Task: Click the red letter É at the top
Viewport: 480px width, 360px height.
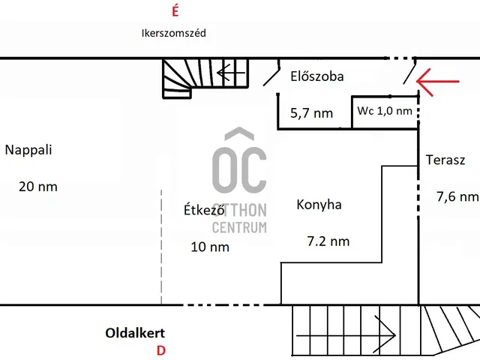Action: pyautogui.click(x=175, y=11)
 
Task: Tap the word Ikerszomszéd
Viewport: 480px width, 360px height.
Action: pyautogui.click(x=173, y=33)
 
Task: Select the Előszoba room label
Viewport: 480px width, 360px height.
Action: pyautogui.click(x=316, y=76)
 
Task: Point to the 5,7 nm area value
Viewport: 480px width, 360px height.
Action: pyautogui.click(x=311, y=114)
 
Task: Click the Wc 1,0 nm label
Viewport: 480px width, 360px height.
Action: pyautogui.click(x=384, y=111)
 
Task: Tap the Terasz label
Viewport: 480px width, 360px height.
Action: pyautogui.click(x=445, y=160)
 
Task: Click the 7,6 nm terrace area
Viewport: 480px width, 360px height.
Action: pyautogui.click(x=457, y=196)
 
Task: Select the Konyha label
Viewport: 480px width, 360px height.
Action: pyautogui.click(x=319, y=204)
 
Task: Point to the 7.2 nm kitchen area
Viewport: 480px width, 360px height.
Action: pyautogui.click(x=328, y=241)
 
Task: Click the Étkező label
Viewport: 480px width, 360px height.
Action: pyautogui.click(x=205, y=210)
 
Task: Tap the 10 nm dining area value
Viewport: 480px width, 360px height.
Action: pyautogui.click(x=210, y=247)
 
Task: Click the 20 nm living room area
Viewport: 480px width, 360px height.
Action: pyautogui.click(x=37, y=187)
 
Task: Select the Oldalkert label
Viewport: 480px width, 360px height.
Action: pyautogui.click(x=135, y=333)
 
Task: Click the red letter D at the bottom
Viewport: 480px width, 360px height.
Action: pyautogui.click(x=160, y=350)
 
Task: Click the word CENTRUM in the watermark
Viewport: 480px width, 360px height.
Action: pyautogui.click(x=239, y=227)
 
